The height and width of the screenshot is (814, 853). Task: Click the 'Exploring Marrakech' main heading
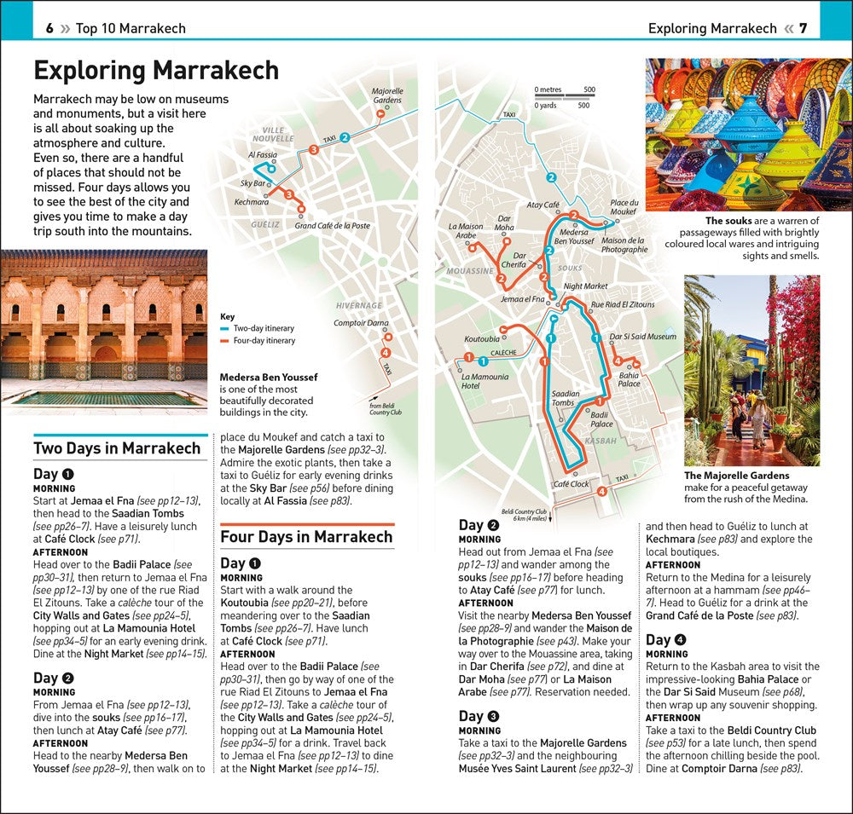point(156,70)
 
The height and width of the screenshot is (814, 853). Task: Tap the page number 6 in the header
point(49,28)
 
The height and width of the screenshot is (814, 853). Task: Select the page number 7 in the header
point(803,28)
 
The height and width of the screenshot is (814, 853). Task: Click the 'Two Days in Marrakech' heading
point(117,448)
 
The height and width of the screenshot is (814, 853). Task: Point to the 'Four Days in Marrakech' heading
point(306,537)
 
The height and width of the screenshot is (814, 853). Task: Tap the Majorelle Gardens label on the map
point(386,95)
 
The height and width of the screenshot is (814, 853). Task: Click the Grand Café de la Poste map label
point(333,226)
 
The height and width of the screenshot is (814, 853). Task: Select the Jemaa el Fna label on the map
point(522,299)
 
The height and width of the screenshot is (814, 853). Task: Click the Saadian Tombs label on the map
point(566,398)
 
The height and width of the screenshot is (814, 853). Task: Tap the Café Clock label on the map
point(571,484)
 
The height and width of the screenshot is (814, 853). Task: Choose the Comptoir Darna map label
point(361,323)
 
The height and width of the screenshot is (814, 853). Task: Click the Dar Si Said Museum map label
point(643,337)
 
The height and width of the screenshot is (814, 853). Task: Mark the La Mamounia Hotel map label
point(485,381)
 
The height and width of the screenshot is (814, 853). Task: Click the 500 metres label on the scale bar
point(589,89)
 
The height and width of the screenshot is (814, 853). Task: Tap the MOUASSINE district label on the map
point(470,271)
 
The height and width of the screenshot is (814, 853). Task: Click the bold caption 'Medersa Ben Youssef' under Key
point(269,377)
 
